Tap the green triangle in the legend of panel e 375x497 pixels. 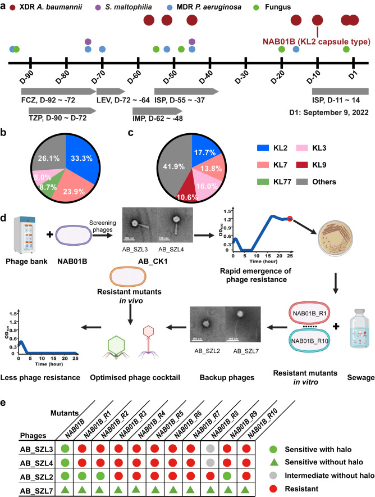(303, 450)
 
